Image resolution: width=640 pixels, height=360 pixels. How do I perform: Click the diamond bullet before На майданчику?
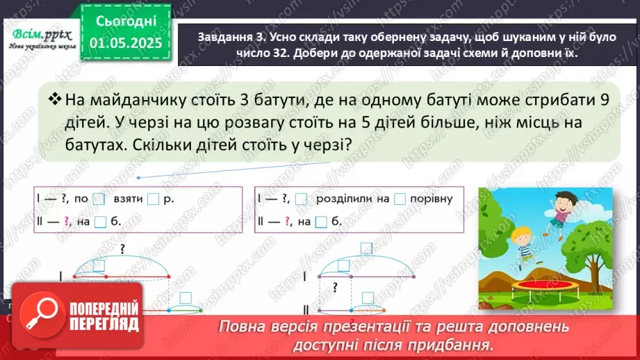click(x=54, y=99)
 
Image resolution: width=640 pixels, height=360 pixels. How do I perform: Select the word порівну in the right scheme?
click(x=431, y=199)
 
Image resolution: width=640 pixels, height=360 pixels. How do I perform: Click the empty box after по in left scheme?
click(x=98, y=199)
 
